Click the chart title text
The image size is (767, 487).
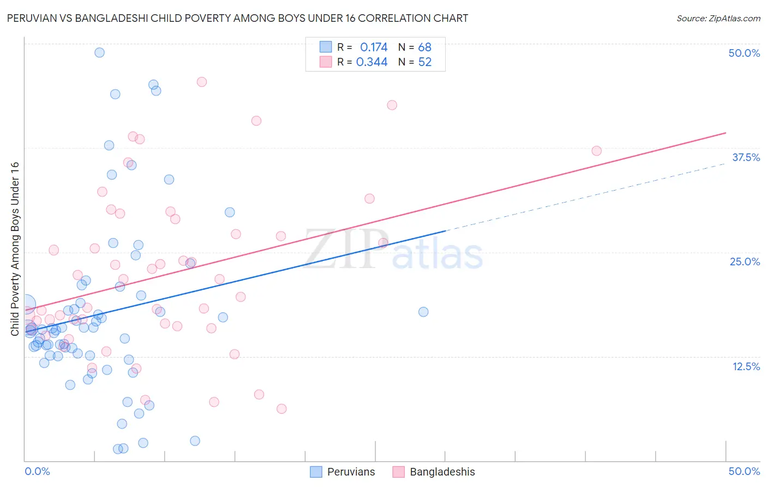click(237, 18)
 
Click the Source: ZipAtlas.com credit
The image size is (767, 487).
click(718, 18)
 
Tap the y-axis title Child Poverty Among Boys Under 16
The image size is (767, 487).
click(15, 249)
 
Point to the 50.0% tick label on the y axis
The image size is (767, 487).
click(744, 53)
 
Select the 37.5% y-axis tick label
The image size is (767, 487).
click(746, 157)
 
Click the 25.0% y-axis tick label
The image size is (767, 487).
click(745, 262)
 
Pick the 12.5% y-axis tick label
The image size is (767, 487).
click(746, 366)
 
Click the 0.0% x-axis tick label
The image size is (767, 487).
click(37, 471)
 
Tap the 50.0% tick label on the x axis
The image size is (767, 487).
click(744, 471)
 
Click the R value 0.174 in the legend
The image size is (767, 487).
click(374, 47)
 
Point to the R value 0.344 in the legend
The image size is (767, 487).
click(372, 62)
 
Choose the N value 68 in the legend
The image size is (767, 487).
click(424, 47)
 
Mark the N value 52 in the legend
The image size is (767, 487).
click(424, 62)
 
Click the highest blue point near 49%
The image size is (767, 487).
click(99, 52)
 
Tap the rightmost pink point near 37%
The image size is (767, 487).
click(596, 151)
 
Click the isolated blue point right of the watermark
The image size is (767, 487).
click(423, 312)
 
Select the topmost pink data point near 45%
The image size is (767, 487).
click(201, 82)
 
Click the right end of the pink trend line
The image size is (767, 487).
click(726, 133)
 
